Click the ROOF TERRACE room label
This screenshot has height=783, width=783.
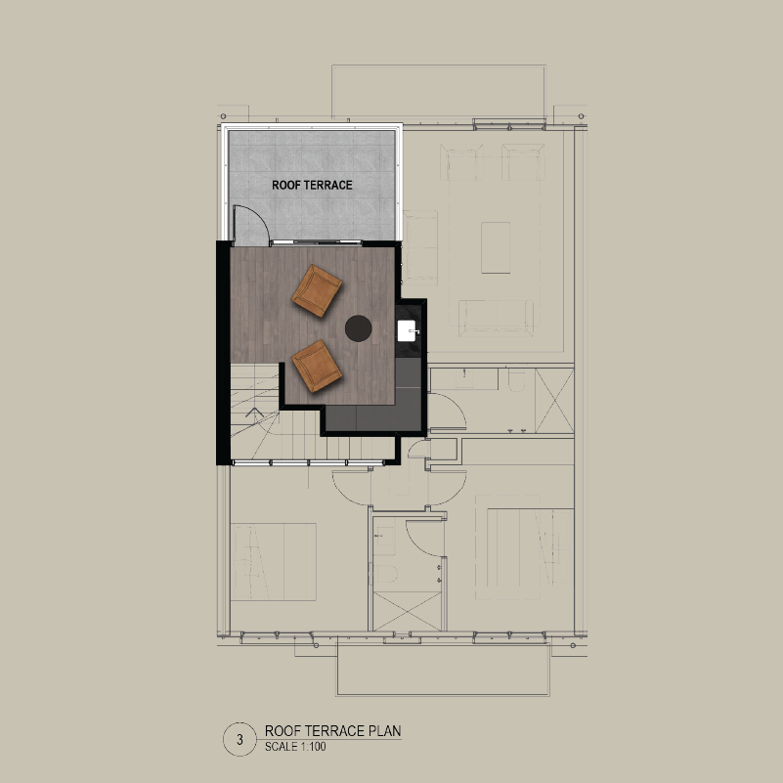coord(312,186)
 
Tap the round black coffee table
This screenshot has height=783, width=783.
coord(358,328)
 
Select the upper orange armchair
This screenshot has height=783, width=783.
coord(317,290)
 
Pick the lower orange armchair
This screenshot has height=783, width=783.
coord(317,366)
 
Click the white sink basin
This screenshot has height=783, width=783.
coord(407,331)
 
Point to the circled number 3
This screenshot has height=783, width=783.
coord(239,739)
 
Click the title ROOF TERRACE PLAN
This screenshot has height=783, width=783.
coord(332,731)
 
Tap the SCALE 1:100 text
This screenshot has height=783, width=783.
coord(295,747)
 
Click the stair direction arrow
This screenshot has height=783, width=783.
coord(255,413)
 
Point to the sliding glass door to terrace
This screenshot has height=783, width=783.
coord(316,243)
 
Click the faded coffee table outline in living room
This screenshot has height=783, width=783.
coord(496,247)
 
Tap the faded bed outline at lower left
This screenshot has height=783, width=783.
coord(274,562)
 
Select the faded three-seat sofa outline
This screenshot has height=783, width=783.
coord(496,318)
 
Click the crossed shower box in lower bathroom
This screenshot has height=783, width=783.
coord(407,611)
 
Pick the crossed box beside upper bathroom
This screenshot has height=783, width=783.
coord(554,401)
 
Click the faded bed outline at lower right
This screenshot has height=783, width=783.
coord(529,547)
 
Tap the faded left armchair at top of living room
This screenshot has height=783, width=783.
coord(462,162)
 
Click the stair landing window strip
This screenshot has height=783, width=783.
coord(308,463)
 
